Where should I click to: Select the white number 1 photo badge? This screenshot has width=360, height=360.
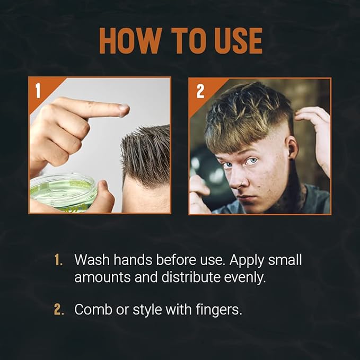pos(38,90)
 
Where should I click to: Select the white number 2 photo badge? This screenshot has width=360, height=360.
pos(200,91)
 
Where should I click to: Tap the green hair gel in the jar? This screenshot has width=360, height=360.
pos(58,190)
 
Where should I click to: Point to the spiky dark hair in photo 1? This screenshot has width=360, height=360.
pos(146,148)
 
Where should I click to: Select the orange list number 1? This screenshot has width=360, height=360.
pos(59,260)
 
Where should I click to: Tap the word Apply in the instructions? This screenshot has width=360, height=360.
pos(241,260)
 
